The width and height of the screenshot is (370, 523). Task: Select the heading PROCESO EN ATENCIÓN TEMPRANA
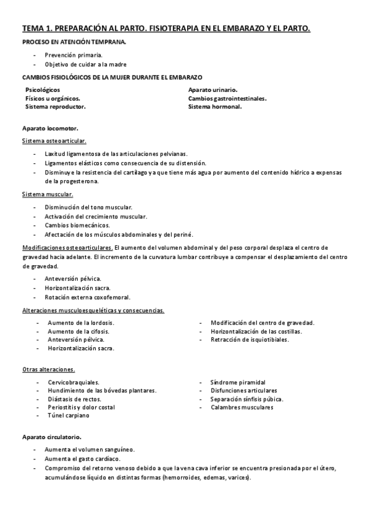point(75,42)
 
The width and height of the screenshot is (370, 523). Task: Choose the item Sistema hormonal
point(215,107)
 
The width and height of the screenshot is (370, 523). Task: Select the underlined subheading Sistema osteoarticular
point(54,141)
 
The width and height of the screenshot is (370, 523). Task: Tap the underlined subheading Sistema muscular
point(46,194)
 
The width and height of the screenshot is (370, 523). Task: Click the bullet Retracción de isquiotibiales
point(250,340)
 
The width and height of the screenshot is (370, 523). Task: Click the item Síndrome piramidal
point(237,382)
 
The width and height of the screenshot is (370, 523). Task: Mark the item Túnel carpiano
point(69,416)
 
